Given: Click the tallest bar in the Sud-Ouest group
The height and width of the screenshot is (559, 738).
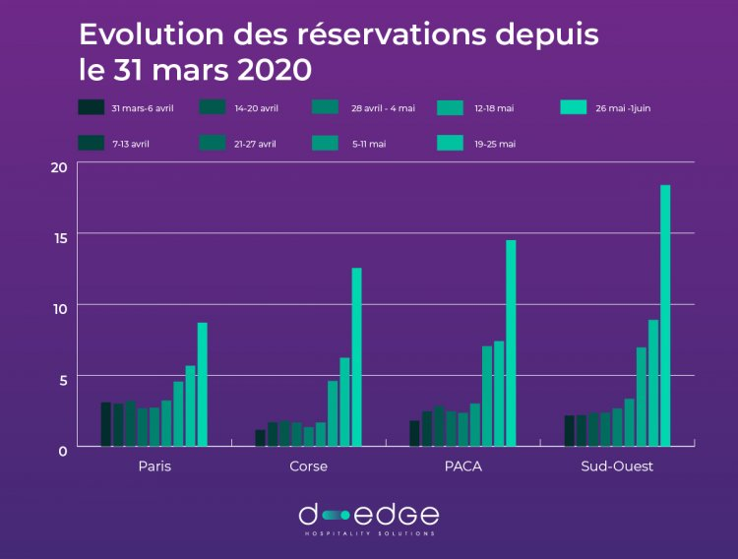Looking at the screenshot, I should tap(665, 316).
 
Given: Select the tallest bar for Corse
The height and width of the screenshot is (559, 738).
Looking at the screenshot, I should tap(357, 357).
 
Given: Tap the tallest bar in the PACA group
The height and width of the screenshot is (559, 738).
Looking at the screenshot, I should tap(511, 343).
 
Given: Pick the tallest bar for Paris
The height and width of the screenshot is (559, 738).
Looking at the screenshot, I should tap(203, 385).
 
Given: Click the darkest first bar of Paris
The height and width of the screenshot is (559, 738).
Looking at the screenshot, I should tap(106, 424).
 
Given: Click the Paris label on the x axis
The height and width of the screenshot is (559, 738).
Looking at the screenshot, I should tap(154, 466).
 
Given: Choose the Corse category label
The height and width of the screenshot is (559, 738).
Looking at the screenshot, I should tap(309, 466).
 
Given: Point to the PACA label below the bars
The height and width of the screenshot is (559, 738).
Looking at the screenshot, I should tap(462, 466).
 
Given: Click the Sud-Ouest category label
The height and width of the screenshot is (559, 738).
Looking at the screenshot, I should tap(617, 466).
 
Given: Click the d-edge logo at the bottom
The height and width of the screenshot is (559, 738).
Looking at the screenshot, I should tap(369, 517).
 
